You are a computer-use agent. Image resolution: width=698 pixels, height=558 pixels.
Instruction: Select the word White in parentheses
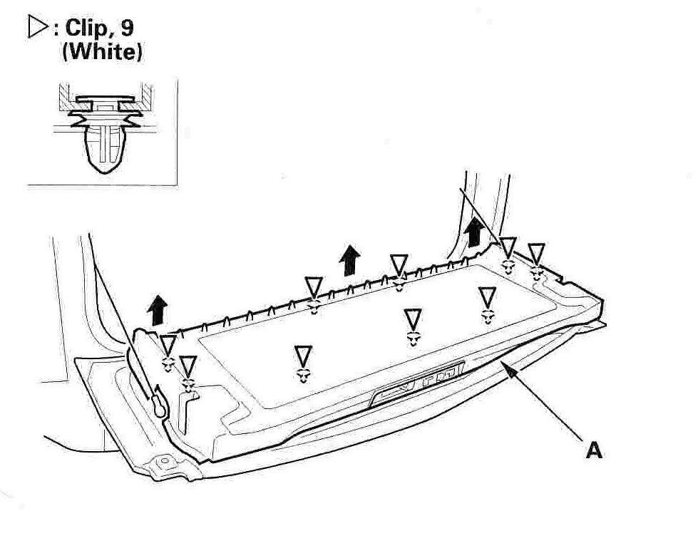[x=103, y=51]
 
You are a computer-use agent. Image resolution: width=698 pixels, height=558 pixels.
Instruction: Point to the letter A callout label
[x=594, y=450]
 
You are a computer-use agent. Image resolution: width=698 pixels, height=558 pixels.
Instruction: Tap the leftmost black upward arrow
[x=157, y=310]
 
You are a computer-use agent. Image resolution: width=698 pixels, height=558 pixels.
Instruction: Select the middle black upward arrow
[x=350, y=260]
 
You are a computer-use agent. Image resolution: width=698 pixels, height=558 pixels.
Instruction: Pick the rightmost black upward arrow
[x=474, y=232]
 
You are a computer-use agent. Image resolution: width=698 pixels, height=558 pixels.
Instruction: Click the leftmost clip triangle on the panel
[x=168, y=345]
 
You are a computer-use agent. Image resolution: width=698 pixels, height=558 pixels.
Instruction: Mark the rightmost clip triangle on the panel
[x=536, y=252]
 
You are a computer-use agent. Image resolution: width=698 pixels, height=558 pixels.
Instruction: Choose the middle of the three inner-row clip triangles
[x=413, y=319]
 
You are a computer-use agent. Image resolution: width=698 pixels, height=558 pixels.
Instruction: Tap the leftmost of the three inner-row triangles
[x=303, y=356]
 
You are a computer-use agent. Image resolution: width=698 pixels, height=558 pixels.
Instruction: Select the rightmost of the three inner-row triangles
[x=488, y=297]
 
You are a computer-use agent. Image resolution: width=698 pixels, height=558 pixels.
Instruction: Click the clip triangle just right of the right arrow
[x=508, y=247]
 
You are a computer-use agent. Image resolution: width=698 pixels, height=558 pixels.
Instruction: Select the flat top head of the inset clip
[x=106, y=98]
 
